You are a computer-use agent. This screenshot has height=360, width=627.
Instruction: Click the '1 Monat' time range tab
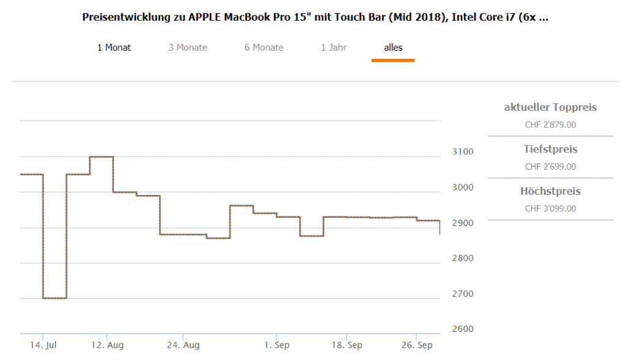(x=114, y=47)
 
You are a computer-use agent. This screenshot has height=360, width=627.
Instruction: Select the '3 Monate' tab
(x=188, y=47)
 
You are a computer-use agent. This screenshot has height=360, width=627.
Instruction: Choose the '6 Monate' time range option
(x=264, y=47)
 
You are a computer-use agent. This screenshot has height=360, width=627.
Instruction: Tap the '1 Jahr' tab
(x=334, y=47)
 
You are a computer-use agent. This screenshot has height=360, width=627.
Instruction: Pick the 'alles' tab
(x=393, y=47)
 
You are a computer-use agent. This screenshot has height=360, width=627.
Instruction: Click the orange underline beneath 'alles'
(x=393, y=60)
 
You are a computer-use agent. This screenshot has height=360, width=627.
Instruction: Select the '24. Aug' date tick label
(x=183, y=345)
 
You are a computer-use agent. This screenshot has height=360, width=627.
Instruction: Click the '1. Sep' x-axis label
(x=277, y=345)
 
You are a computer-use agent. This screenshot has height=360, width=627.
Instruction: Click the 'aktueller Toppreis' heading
(x=550, y=108)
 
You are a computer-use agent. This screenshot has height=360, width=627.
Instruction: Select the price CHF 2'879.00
(x=550, y=125)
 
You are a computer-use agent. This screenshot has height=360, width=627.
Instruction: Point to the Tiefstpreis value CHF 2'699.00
(x=550, y=167)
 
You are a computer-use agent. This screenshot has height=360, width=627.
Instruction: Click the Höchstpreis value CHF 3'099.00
(x=550, y=209)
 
